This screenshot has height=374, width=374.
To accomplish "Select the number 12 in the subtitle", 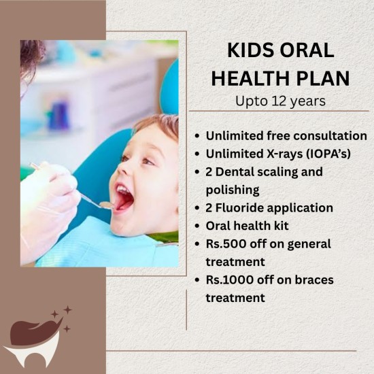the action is point(279,101).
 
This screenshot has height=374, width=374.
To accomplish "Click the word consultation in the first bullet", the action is point(330,136).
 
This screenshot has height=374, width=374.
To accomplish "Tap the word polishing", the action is point(233,190).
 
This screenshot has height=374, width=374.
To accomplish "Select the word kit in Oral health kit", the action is point(282,225).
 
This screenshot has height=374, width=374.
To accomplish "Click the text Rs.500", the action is point(226,243).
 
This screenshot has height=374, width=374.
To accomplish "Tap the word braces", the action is point(314,279).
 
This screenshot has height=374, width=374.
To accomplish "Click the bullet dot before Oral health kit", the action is point(197,226).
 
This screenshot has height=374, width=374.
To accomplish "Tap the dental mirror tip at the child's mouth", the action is point(107,205).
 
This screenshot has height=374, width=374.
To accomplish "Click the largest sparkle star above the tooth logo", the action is point(67,310).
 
